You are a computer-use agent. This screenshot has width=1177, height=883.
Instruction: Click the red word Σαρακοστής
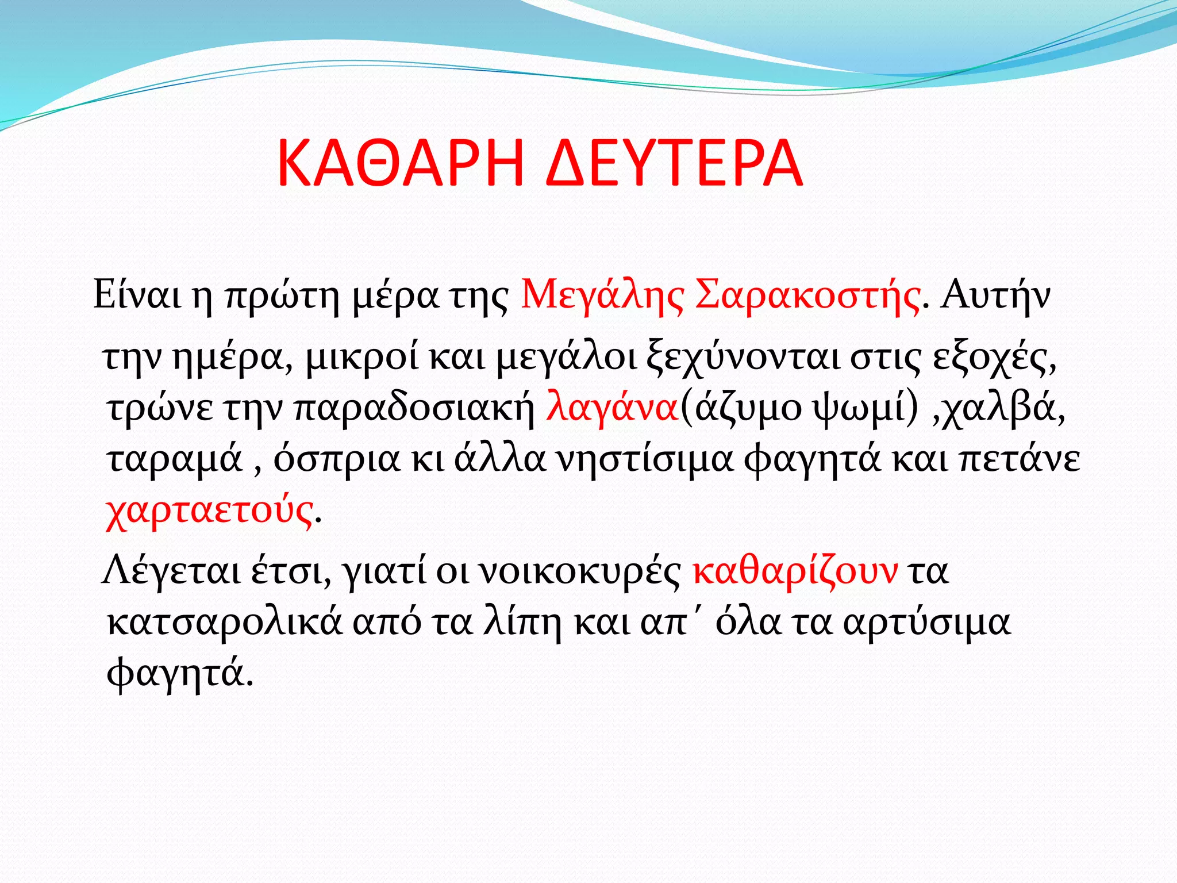pos(807,296)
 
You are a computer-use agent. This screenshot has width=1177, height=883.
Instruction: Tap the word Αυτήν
pos(995,296)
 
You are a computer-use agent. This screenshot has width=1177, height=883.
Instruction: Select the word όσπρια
pos(336,459)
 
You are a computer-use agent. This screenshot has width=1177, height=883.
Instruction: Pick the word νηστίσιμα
pos(647,459)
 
